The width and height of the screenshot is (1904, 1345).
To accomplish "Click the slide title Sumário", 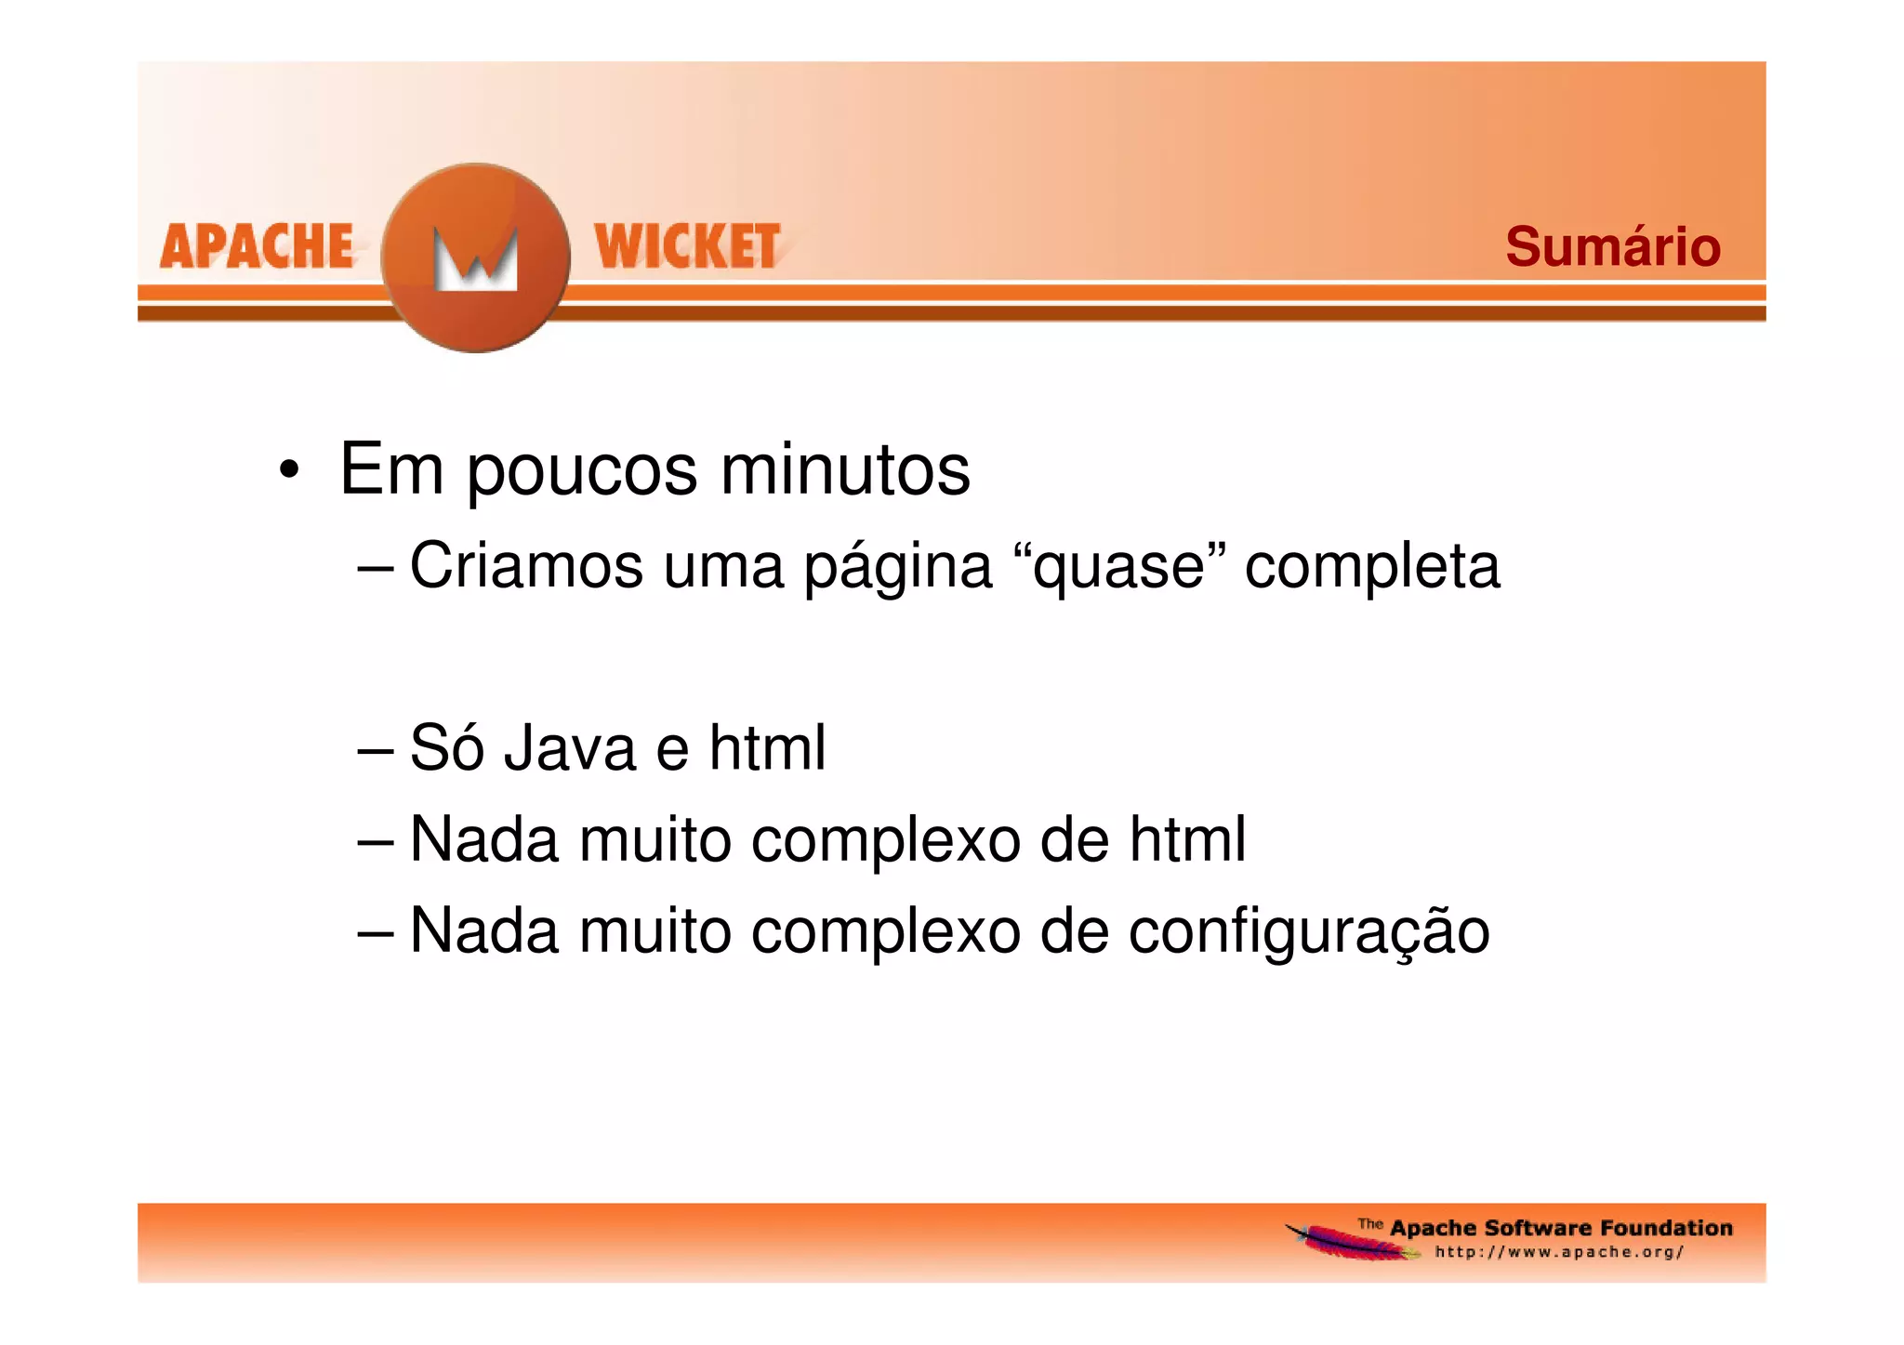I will (1612, 247).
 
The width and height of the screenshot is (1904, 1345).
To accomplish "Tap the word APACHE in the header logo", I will (257, 247).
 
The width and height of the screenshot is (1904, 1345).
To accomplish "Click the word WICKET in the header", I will (687, 247).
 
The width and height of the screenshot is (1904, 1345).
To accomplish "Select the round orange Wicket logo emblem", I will (475, 257).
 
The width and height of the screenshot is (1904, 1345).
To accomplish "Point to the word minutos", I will (844, 470).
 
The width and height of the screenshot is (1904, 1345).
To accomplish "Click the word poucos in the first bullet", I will (581, 472).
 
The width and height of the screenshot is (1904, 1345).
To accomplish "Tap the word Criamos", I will (526, 565).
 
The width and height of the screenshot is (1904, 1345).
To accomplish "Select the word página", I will (898, 567).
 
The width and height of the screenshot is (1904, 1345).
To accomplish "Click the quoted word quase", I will (1118, 567).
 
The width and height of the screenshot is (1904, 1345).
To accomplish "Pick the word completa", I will (1371, 567).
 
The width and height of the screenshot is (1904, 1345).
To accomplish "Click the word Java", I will (570, 748).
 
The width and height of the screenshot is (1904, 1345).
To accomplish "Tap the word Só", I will (446, 748).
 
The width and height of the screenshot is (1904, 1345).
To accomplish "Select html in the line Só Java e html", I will (767, 748).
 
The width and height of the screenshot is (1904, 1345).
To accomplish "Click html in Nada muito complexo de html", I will (1187, 839).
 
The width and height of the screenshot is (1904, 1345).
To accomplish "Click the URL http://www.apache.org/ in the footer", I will (1559, 1253).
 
